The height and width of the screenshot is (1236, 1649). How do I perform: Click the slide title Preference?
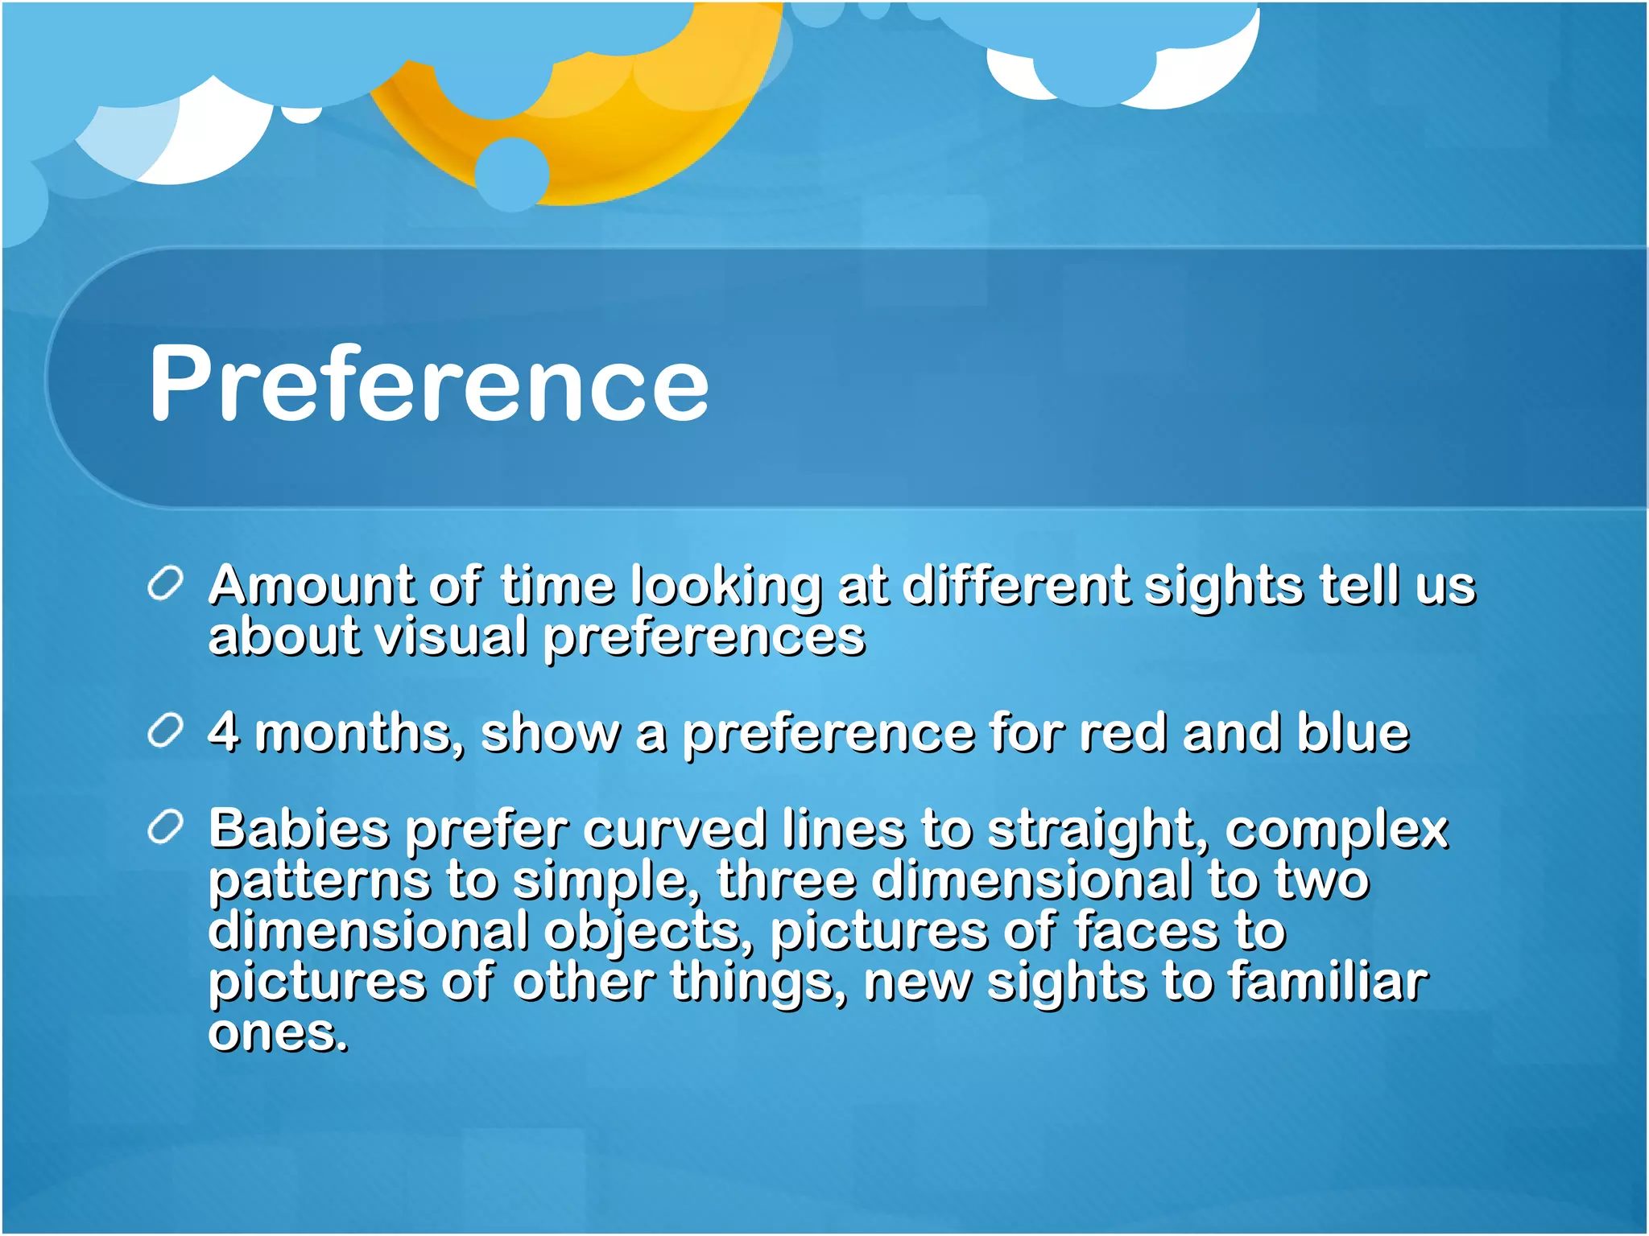pyautogui.click(x=428, y=382)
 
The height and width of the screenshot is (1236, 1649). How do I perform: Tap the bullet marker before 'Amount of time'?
pyautogui.click(x=166, y=583)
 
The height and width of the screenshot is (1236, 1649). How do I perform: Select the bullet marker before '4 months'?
pyautogui.click(x=166, y=731)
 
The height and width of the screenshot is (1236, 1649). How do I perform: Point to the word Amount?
pyautogui.click(x=310, y=585)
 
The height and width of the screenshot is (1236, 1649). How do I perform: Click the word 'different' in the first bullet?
pyautogui.click(x=1015, y=585)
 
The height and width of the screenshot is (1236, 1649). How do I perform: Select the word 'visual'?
pyautogui.click(x=451, y=637)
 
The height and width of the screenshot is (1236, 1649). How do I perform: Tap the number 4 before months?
pyautogui.click(x=224, y=731)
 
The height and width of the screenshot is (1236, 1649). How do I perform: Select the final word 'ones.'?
pyautogui.click(x=278, y=1033)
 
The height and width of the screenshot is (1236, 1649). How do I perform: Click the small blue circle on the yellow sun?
pyautogui.click(x=512, y=173)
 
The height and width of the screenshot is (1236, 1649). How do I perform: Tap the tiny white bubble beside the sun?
pyautogui.click(x=302, y=114)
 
